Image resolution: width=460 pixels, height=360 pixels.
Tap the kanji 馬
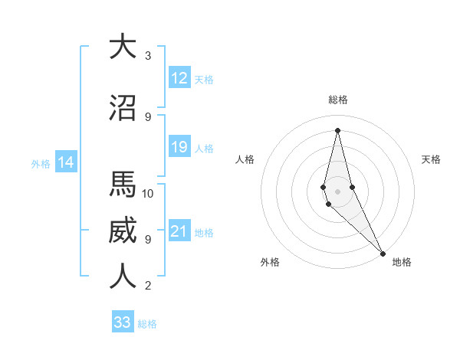(x=123, y=185)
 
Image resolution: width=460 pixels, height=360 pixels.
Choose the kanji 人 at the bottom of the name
(x=123, y=277)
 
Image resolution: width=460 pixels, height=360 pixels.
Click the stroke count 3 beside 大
(x=148, y=55)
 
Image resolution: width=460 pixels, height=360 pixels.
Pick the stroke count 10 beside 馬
(x=149, y=193)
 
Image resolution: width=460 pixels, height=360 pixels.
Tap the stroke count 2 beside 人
(x=148, y=286)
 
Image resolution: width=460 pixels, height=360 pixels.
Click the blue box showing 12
(x=179, y=78)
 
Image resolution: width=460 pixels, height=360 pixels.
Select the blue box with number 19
(x=179, y=147)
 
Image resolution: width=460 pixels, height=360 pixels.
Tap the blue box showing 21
(x=179, y=232)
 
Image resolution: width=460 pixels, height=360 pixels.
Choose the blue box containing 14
(x=65, y=162)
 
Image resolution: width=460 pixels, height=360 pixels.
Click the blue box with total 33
(x=123, y=322)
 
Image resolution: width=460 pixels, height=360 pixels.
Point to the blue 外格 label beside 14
(x=41, y=163)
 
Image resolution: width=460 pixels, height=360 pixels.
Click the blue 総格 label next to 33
(x=147, y=324)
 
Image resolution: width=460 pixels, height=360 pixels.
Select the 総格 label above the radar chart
(x=337, y=100)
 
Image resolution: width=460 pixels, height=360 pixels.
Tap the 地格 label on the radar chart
(x=402, y=262)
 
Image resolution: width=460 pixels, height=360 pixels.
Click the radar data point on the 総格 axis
(x=337, y=129)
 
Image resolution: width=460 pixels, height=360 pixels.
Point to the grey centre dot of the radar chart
(x=337, y=190)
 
